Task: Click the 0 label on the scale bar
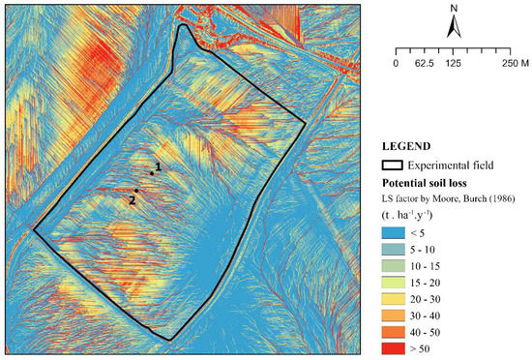[x=396, y=63]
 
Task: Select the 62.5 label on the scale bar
[x=424, y=63]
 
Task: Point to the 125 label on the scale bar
[x=453, y=63]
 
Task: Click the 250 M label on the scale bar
[x=508, y=63]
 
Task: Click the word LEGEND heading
[x=407, y=147]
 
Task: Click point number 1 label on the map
[x=158, y=167]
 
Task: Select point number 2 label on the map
[x=132, y=200]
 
